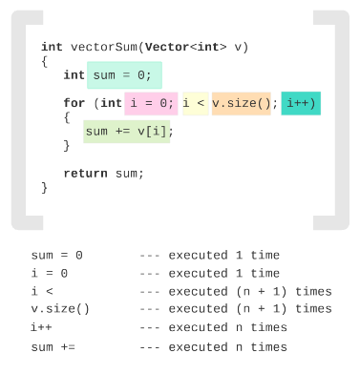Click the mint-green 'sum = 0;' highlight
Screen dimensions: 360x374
pos(124,75)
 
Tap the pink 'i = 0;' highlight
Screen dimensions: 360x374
pos(151,103)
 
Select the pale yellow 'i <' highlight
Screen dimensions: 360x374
pos(196,104)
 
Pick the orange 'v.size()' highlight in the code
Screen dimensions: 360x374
pos(242,103)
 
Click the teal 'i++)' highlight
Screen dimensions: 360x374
pos(301,103)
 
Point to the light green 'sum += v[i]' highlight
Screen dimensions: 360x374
pos(127,132)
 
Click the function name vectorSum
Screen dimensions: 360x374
pos(105,47)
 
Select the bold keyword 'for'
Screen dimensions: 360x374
pos(74,103)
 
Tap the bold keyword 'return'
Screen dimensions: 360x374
pos(85,174)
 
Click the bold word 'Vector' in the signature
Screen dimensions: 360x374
pos(167,47)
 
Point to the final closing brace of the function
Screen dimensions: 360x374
pos(45,188)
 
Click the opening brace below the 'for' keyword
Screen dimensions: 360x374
pos(67,117)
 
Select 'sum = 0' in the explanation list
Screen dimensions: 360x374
pos(57,255)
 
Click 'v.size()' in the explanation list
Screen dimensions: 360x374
pos(60,309)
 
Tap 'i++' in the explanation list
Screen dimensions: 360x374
pos(41,327)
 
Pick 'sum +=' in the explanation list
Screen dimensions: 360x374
pos(53,347)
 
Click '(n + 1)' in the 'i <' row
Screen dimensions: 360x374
pos(262,292)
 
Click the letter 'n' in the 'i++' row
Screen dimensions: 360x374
pos(239,327)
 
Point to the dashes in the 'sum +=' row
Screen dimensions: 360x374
pos(150,347)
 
